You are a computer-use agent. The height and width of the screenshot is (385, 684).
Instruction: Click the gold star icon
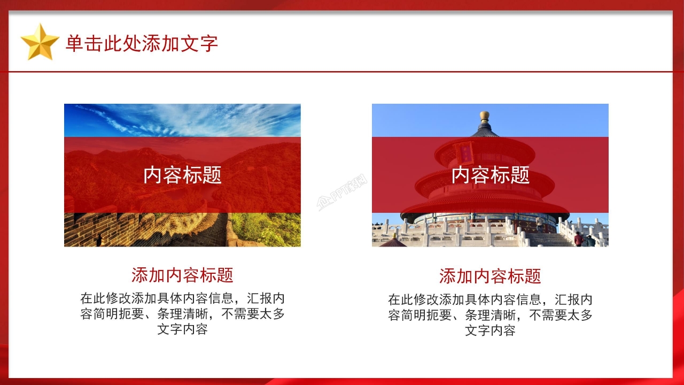coord(40,42)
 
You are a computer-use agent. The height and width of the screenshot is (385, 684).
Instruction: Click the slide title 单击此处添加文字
coord(142,43)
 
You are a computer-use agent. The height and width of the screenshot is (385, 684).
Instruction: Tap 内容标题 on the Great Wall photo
coord(182,175)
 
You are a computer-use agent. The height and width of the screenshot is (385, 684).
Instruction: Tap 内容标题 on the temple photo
coord(490,175)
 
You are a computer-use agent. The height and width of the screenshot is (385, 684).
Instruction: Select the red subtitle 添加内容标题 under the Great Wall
coord(182,275)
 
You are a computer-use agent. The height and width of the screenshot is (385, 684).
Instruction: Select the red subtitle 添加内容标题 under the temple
coord(490,276)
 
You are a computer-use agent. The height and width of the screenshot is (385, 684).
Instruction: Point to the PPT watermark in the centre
coord(343,194)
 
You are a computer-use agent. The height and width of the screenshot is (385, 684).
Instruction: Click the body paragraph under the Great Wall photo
coord(182,313)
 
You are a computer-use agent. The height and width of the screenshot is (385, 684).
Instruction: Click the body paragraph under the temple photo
coord(490,314)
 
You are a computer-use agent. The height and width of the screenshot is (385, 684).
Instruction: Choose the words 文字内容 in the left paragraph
coord(182,329)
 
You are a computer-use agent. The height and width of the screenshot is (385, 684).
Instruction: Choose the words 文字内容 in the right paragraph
coord(490,330)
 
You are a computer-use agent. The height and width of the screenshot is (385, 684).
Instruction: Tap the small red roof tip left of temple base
coord(394,242)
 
